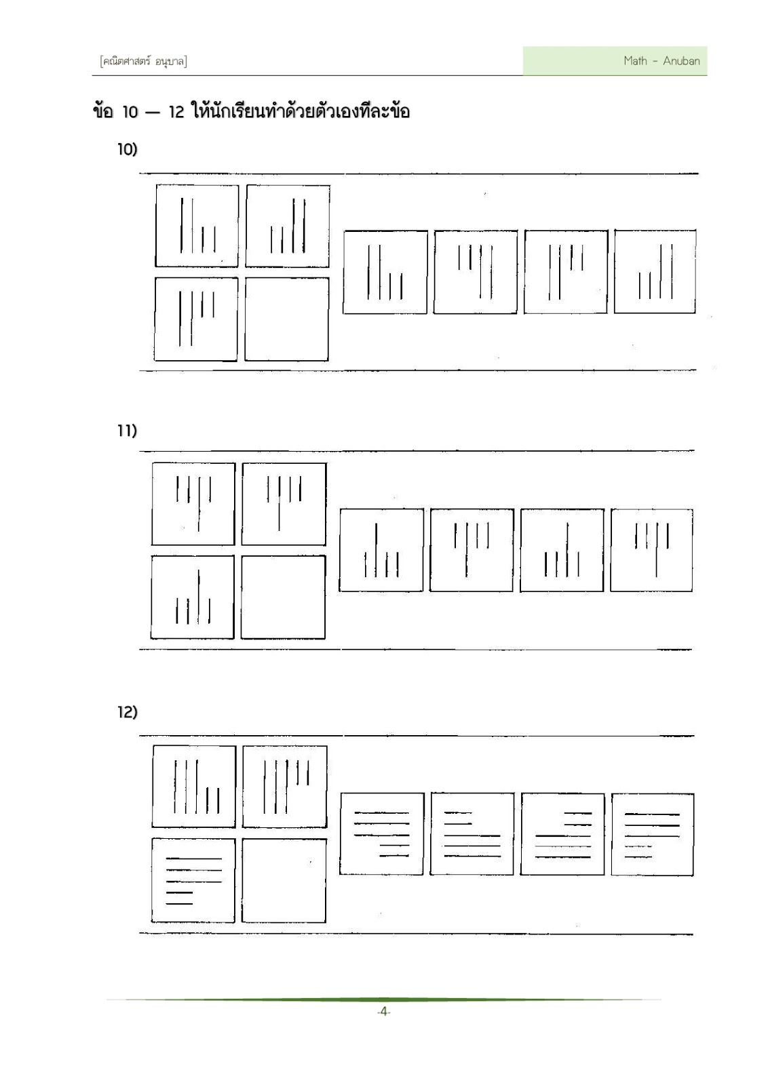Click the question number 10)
[128, 149]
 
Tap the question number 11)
[127, 430]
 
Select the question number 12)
[128, 711]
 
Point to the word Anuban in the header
[681, 61]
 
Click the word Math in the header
[635, 60]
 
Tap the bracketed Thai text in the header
[143, 62]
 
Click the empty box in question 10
[286, 319]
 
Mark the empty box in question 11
[283, 597]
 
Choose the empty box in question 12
[284, 881]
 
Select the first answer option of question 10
[385, 272]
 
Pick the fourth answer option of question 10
[655, 272]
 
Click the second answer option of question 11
[472, 550]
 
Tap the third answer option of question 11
[562, 550]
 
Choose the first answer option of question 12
[382, 833]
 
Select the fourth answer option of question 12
[653, 834]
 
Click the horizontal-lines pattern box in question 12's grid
[193, 881]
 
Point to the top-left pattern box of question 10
[197, 226]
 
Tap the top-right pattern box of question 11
[284, 504]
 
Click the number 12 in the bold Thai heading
[176, 113]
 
